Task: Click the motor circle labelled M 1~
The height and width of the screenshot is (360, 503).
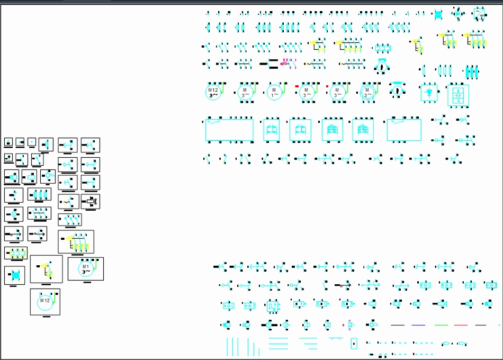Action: pos(274,92)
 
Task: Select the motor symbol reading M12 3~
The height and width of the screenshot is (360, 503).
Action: pos(213,92)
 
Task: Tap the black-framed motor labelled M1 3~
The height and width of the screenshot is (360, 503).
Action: pos(86,269)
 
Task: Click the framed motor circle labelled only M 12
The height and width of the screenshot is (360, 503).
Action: pos(45,301)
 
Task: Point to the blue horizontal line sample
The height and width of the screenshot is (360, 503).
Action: pos(418,325)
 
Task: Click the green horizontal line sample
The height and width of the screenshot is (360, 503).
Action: pos(441,325)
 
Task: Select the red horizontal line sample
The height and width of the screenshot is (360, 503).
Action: pos(461,325)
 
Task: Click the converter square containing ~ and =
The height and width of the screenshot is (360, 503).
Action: pos(480,13)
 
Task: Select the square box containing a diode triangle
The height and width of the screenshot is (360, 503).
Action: pos(429,92)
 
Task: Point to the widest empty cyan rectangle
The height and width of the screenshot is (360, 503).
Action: pos(229,130)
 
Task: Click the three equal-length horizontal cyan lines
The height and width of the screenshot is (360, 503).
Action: pos(279,344)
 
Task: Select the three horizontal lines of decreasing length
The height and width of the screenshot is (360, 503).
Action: pos(308,344)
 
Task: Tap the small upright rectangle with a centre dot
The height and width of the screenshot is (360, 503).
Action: pos(354,343)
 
